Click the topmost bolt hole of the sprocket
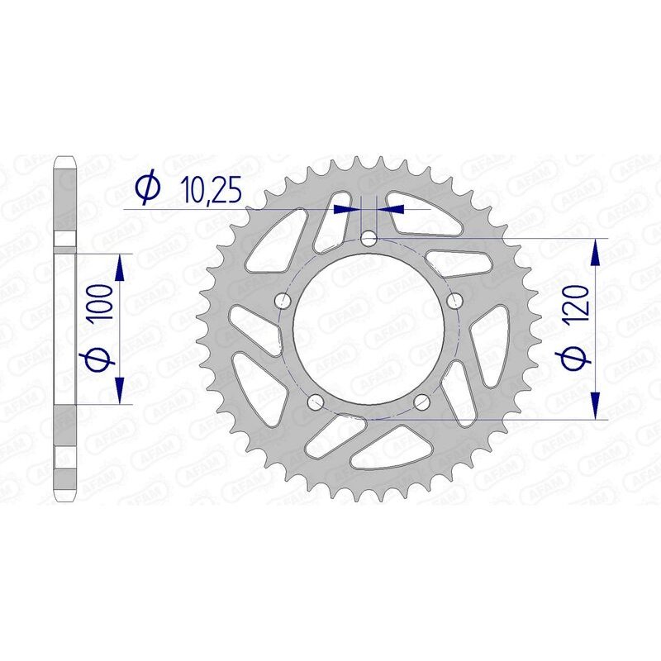369,240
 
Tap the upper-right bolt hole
454,302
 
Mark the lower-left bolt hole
315,402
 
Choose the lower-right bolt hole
421,402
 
